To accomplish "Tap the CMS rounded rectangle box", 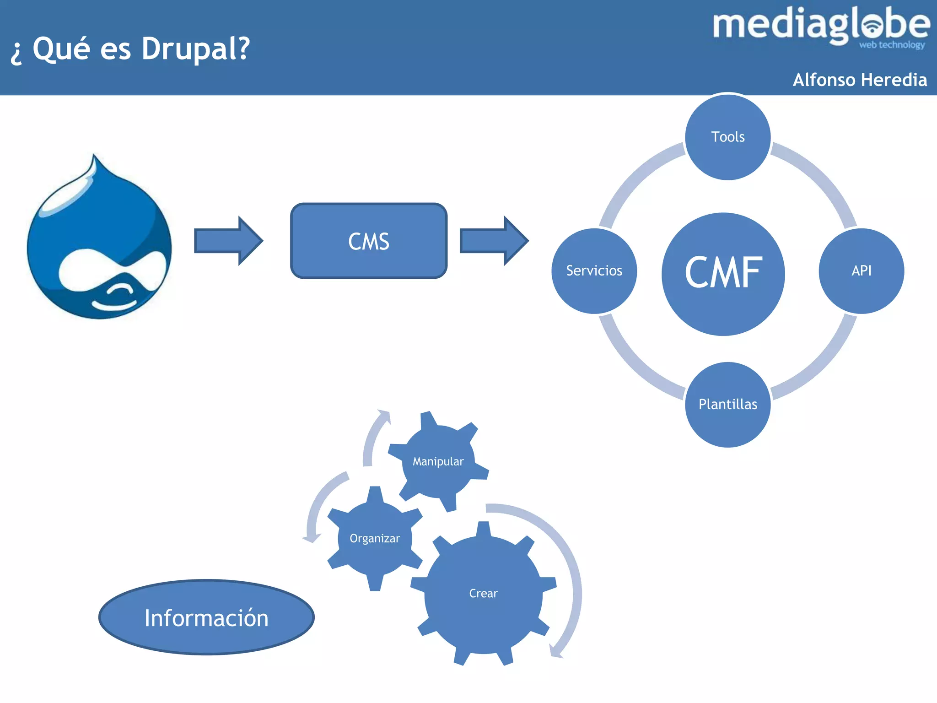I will (369, 241).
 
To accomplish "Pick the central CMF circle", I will (723, 274).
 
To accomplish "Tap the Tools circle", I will (727, 137).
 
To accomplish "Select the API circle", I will (861, 271).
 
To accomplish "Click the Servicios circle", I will (594, 271).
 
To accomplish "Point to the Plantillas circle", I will (727, 405).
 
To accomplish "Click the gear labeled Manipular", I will (438, 461).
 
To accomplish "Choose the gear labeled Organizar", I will (375, 539).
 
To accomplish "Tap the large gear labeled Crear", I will (483, 594).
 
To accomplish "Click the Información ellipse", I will (206, 618).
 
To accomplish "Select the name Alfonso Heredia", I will (860, 80).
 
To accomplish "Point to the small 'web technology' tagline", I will (892, 45).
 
